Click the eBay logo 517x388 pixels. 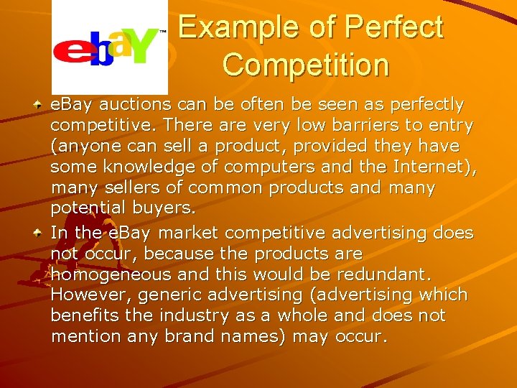point(109,48)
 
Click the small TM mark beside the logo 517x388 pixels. point(162,32)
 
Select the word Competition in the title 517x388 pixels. point(306,65)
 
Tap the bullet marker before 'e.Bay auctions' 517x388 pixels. point(39,105)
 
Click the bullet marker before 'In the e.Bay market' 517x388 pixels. point(39,232)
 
